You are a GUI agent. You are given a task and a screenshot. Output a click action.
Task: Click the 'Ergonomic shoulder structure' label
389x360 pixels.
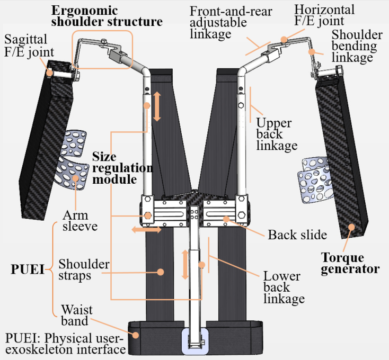tap(106, 16)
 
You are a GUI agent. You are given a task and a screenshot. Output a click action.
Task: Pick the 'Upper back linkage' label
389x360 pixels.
tap(276, 134)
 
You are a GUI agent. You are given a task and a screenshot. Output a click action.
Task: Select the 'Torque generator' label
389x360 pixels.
tap(350, 263)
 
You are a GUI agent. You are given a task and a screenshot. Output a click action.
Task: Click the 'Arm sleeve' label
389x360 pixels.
tap(76, 221)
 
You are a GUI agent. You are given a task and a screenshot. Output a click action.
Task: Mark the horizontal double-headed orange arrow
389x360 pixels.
tap(147, 230)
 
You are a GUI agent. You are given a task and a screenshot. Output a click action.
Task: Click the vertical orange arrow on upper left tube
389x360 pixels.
tap(157, 106)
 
